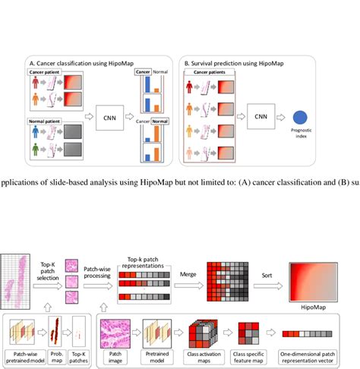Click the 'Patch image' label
pos(114,357)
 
